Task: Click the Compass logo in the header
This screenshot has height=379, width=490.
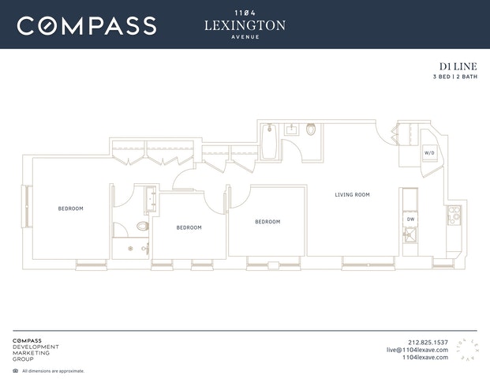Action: pyautogui.click(x=87, y=25)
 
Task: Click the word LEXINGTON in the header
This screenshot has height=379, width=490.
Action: pyautogui.click(x=245, y=25)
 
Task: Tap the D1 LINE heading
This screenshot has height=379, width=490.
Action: pyautogui.click(x=458, y=66)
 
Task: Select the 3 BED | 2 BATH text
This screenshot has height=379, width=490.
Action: pyautogui.click(x=455, y=77)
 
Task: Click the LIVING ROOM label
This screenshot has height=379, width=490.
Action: pyautogui.click(x=352, y=195)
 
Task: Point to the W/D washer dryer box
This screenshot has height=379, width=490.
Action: pyautogui.click(x=429, y=153)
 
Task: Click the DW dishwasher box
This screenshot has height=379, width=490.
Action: pyautogui.click(x=410, y=220)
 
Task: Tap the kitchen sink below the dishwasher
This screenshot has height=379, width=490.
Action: pyautogui.click(x=410, y=235)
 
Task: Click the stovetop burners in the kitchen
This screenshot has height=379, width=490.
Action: pyautogui.click(x=454, y=216)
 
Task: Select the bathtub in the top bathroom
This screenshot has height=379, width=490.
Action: pyautogui.click(x=269, y=141)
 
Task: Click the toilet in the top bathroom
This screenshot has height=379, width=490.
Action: pyautogui.click(x=311, y=129)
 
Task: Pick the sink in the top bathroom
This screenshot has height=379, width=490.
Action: pyautogui.click(x=292, y=129)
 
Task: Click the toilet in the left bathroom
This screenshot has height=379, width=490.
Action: pyautogui.click(x=143, y=226)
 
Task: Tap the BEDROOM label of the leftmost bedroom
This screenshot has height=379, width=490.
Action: pyautogui.click(x=71, y=208)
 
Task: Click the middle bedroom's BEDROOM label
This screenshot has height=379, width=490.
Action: pyautogui.click(x=189, y=227)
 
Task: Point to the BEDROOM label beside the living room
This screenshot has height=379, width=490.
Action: pyautogui.click(x=267, y=222)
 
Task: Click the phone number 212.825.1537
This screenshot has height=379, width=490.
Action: pyautogui.click(x=428, y=343)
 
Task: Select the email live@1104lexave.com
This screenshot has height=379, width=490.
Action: pyautogui.click(x=417, y=350)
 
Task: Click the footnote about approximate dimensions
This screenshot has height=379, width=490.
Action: pyautogui.click(x=53, y=371)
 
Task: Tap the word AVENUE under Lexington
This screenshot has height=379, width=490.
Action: pyautogui.click(x=245, y=37)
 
